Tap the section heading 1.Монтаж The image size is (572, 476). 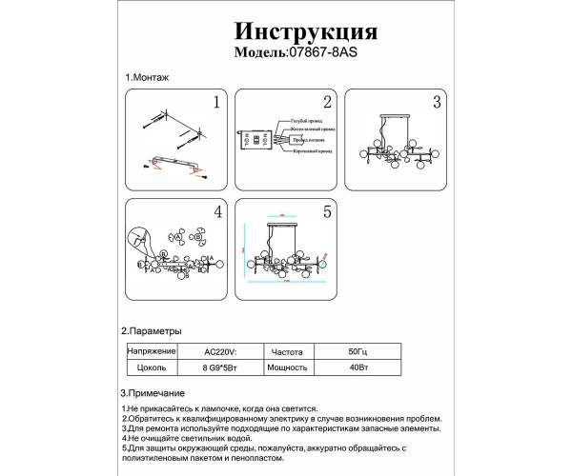tap(146, 77)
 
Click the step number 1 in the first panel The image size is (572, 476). tap(216, 101)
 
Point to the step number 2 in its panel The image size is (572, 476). tap(326, 101)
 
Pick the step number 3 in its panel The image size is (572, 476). tap(436, 101)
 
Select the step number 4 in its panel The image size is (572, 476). tap(216, 211)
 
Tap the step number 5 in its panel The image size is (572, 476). tap(326, 211)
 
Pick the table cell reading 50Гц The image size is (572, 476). tap(356, 350)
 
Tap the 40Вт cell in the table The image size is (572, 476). tap(356, 366)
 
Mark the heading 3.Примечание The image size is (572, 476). tap(154, 392)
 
